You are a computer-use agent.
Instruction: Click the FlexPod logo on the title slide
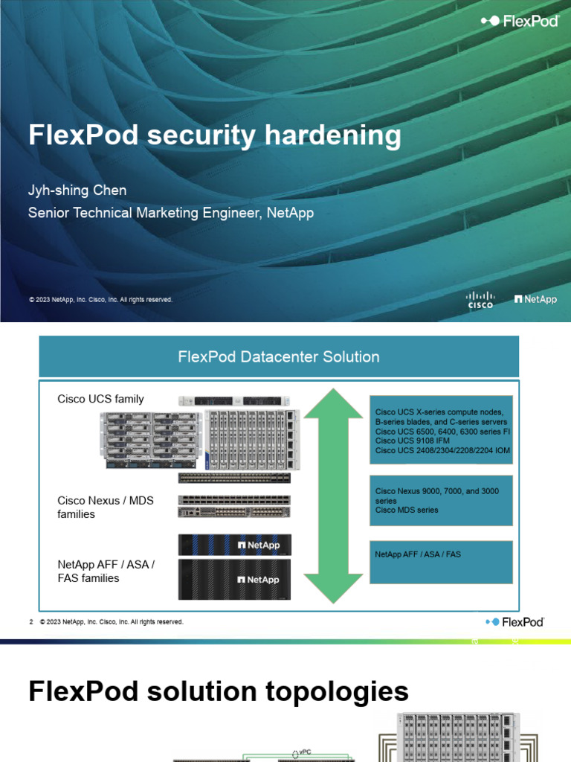coord(520,22)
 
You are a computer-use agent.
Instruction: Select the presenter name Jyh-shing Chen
coord(77,190)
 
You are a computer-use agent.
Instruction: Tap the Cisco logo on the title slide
coord(480,299)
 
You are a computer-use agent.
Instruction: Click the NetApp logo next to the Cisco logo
coord(535,299)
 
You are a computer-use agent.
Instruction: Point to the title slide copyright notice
coord(100,300)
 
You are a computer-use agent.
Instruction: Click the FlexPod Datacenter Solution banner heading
coord(279,356)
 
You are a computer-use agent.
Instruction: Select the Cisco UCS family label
coord(100,399)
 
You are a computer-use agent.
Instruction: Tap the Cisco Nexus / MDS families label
coord(106,507)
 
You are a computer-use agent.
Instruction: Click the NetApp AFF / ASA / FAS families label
coord(106,571)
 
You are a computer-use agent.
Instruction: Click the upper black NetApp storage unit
coord(234,545)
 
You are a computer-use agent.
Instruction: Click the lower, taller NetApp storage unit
coord(234,579)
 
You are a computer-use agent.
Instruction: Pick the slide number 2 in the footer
coord(31,621)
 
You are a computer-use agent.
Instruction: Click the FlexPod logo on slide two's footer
coord(514,621)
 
